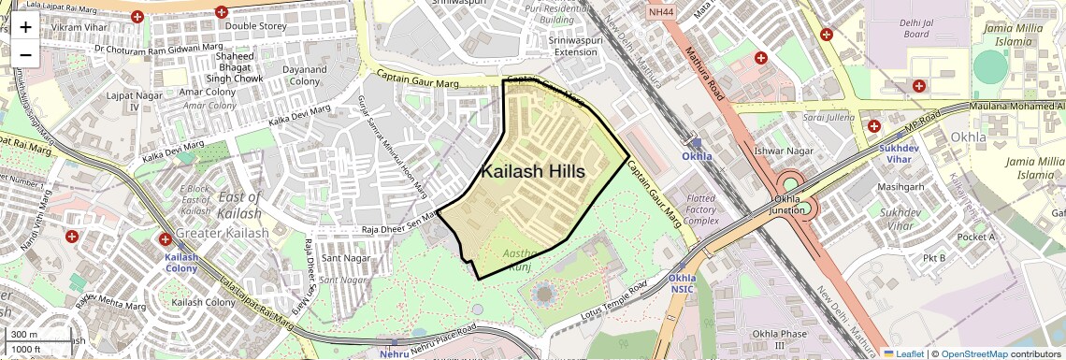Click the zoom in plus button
point(25,26)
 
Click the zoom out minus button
point(25,54)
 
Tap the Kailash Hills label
point(532,172)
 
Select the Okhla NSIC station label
point(682,283)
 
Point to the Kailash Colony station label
point(181,262)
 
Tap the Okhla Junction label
point(794,205)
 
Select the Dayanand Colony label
point(305,76)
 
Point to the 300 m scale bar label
point(24,334)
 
